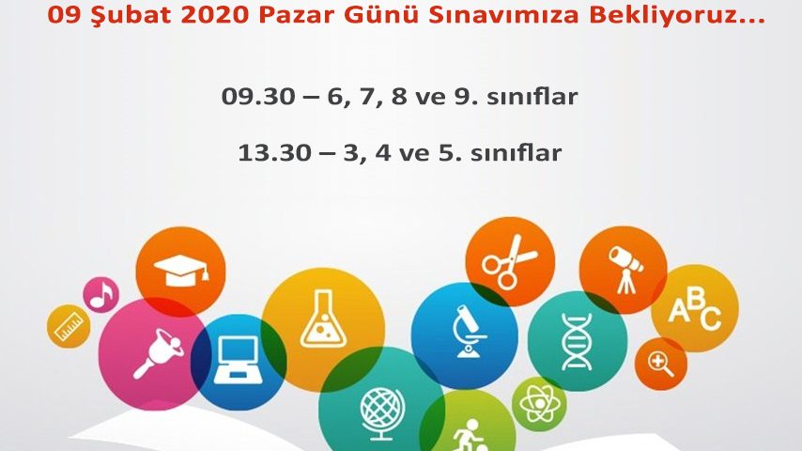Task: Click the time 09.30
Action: click(x=258, y=96)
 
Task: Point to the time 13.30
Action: click(x=274, y=152)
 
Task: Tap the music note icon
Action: click(x=100, y=295)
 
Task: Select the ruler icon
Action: click(x=69, y=327)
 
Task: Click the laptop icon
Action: click(x=239, y=360)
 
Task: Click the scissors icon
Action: click(x=509, y=261)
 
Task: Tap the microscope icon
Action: click(x=468, y=332)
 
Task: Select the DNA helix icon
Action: click(x=577, y=341)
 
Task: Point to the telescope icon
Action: click(x=625, y=270)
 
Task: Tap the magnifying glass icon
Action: click(x=660, y=364)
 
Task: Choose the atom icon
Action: click(x=539, y=404)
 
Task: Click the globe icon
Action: click(x=382, y=413)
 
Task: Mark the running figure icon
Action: click(x=470, y=435)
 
